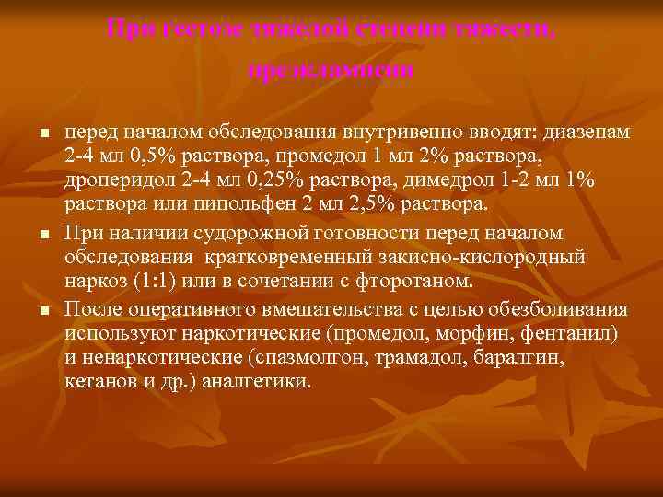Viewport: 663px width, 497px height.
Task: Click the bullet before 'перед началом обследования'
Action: pyautogui.click(x=42, y=134)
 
